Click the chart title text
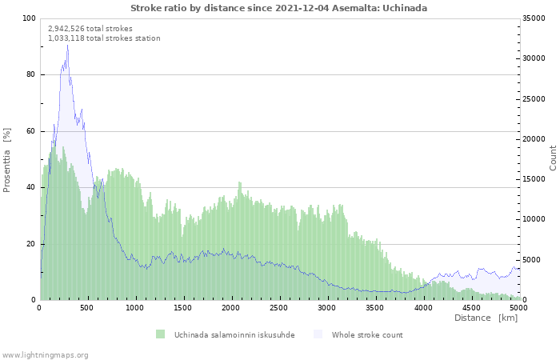278,8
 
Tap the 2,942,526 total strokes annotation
90,29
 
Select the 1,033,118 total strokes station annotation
104,38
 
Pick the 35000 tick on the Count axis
534,18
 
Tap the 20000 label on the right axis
534,139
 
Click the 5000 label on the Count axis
532,260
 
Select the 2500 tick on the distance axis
278,308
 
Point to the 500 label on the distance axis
86,308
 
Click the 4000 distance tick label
423,308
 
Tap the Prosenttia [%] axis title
6,160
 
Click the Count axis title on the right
553,158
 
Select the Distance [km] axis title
486,318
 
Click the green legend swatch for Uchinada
160,334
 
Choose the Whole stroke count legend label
367,335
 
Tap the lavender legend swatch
318,334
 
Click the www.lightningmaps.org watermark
45,355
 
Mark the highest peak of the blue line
67,46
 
